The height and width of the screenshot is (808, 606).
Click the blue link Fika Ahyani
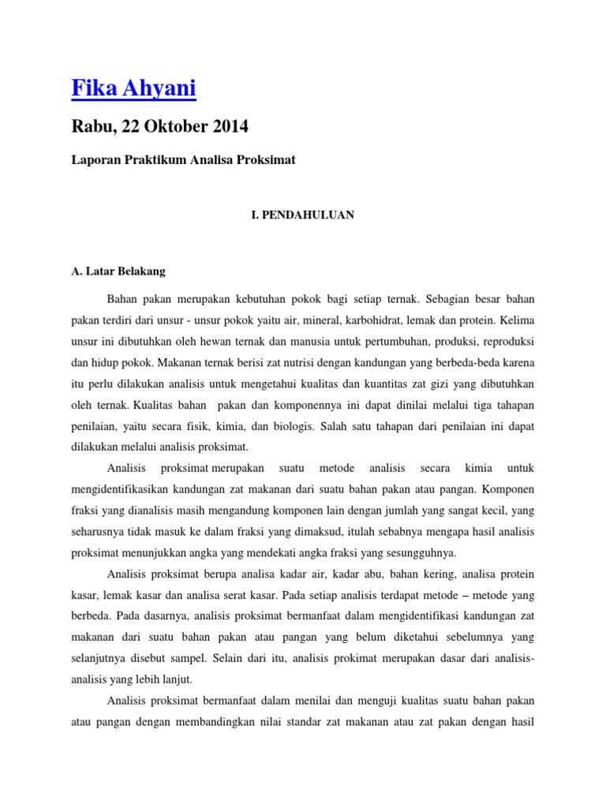pos(133,89)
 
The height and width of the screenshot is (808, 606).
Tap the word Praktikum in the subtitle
pos(157,160)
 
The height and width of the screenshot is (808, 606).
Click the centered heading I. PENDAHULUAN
pos(302,215)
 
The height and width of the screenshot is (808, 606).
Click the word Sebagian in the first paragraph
pos(451,300)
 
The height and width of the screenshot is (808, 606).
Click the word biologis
pos(292,426)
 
